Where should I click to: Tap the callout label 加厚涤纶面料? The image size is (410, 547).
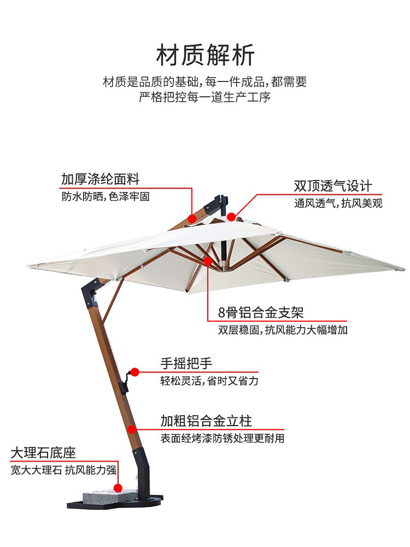[x=101, y=179]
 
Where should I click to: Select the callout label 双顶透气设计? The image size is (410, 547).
[x=333, y=186]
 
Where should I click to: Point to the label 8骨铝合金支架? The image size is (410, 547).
[x=261, y=312]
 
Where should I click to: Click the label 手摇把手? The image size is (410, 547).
[x=186, y=363]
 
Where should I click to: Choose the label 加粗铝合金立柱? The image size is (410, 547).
[x=206, y=421]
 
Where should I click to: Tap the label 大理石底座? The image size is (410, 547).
[x=43, y=453]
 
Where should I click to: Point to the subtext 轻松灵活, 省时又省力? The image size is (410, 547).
[x=209, y=381]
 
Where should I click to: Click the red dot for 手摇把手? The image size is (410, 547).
[x=135, y=372]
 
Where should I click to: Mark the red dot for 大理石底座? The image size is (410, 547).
[x=118, y=487]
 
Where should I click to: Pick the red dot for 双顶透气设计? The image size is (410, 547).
[x=231, y=217]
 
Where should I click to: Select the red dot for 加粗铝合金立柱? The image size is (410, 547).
[x=132, y=429]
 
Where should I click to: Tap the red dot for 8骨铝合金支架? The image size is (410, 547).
[x=208, y=260]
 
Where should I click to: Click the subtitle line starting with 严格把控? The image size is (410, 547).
[x=205, y=98]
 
